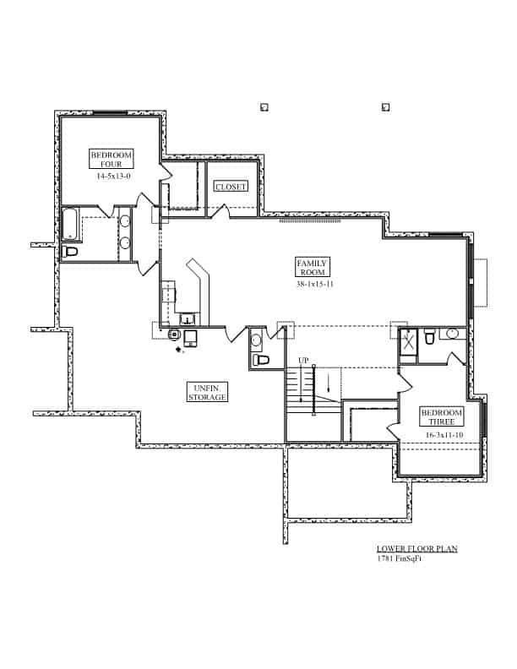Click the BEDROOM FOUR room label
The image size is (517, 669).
(x=112, y=159)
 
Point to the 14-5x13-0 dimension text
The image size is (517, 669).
(x=112, y=177)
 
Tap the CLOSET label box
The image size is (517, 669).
(x=230, y=187)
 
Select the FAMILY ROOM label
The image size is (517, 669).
(x=312, y=268)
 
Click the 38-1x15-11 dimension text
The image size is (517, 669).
(x=312, y=285)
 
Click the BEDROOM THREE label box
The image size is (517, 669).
(x=441, y=416)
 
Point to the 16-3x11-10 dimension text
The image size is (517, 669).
(x=443, y=434)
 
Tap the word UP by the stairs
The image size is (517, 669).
(x=302, y=361)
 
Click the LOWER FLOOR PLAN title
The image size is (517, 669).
(x=417, y=548)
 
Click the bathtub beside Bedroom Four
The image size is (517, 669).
(x=70, y=224)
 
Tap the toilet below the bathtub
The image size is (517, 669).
(x=71, y=251)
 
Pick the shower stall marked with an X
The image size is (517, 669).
(x=408, y=342)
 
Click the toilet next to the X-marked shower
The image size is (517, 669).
(x=430, y=338)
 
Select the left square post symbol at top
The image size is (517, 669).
(x=264, y=107)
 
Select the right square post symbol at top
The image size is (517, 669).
(x=385, y=107)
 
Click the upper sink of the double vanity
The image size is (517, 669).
(x=125, y=222)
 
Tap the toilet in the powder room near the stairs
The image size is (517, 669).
(x=260, y=359)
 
